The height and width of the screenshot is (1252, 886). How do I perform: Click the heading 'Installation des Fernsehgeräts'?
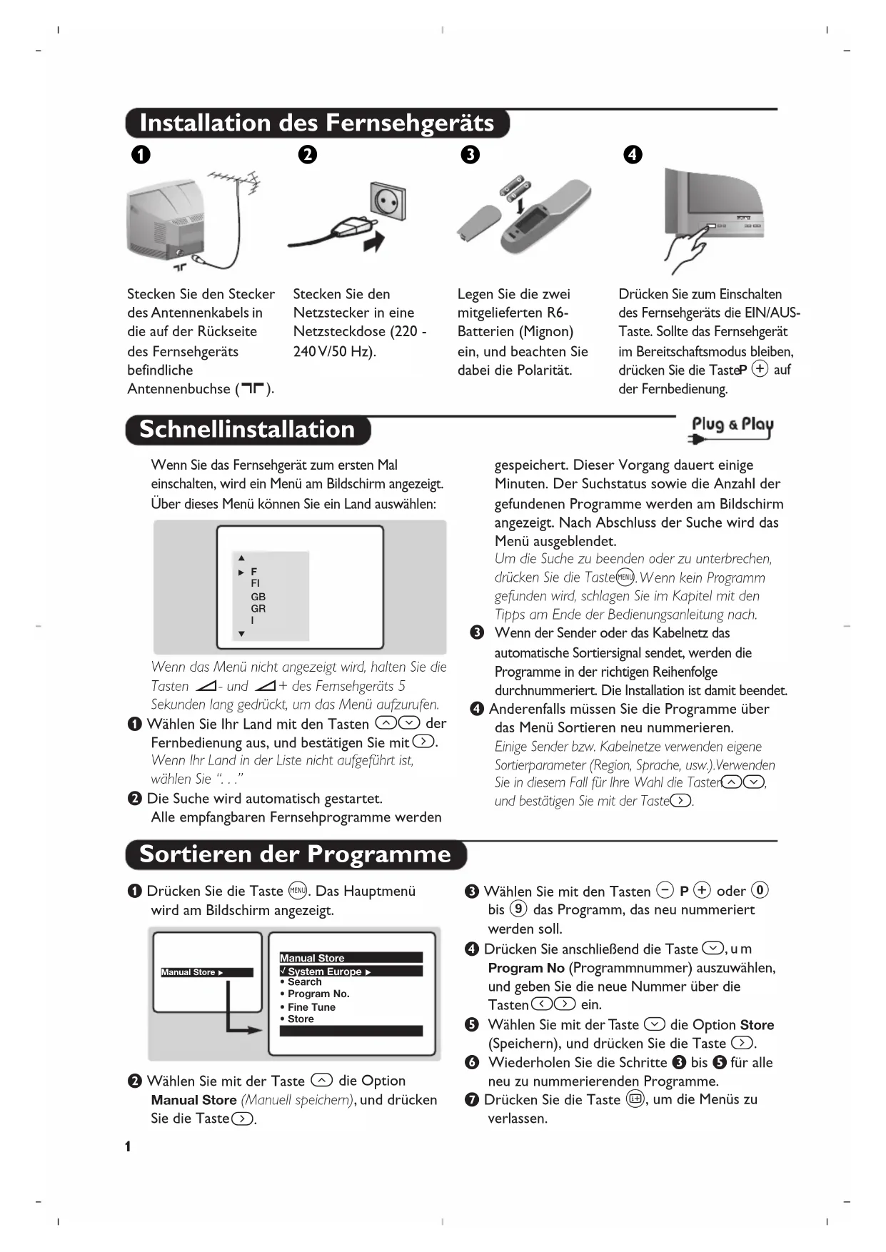click(316, 123)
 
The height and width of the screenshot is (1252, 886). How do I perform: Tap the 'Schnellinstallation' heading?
click(247, 430)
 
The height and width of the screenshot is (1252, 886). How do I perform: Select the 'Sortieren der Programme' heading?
click(295, 854)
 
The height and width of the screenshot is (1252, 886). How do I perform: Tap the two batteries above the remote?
click(514, 186)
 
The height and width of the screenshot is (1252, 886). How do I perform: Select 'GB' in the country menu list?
click(258, 597)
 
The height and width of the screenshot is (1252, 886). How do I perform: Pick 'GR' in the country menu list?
click(258, 609)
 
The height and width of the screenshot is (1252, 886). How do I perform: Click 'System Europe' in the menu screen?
click(325, 971)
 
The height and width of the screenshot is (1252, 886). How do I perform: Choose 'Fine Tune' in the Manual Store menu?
click(311, 1007)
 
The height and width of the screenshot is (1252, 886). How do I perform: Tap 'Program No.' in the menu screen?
click(318, 994)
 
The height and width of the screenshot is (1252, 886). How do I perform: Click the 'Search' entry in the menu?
click(304, 982)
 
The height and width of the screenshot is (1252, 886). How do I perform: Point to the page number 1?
click(128, 1147)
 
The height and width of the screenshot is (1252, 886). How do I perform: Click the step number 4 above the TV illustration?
click(633, 155)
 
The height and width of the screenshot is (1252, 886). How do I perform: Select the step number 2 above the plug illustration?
click(308, 155)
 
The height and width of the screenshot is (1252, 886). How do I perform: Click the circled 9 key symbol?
click(518, 909)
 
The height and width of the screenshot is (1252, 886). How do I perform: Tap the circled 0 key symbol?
click(760, 890)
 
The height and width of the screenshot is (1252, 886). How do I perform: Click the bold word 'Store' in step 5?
click(757, 1025)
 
